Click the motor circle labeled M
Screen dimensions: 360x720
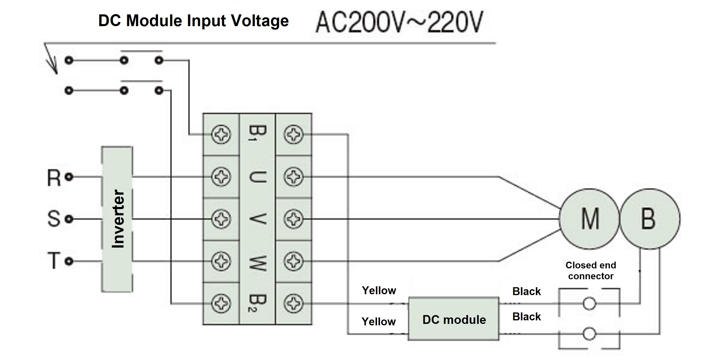click(x=589, y=219)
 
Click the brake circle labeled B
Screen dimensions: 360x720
click(x=650, y=219)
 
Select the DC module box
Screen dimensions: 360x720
click(x=454, y=319)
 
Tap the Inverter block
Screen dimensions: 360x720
click(x=117, y=219)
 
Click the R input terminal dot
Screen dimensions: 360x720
click(x=69, y=177)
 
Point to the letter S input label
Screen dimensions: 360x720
click(x=54, y=219)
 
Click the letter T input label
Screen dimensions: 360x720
click(x=54, y=261)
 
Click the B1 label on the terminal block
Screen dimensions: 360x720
click(x=257, y=134)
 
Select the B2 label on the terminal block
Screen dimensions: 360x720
click(x=257, y=303)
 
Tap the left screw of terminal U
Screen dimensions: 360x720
click(x=221, y=177)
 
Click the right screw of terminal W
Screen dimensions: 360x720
click(x=293, y=261)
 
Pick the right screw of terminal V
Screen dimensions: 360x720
click(x=293, y=219)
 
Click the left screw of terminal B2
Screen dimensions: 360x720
click(x=221, y=303)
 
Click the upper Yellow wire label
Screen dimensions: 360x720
click(x=379, y=290)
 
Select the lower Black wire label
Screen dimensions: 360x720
click(x=526, y=317)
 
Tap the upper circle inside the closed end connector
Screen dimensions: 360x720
click(x=589, y=304)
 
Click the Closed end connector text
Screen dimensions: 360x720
click(x=591, y=270)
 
